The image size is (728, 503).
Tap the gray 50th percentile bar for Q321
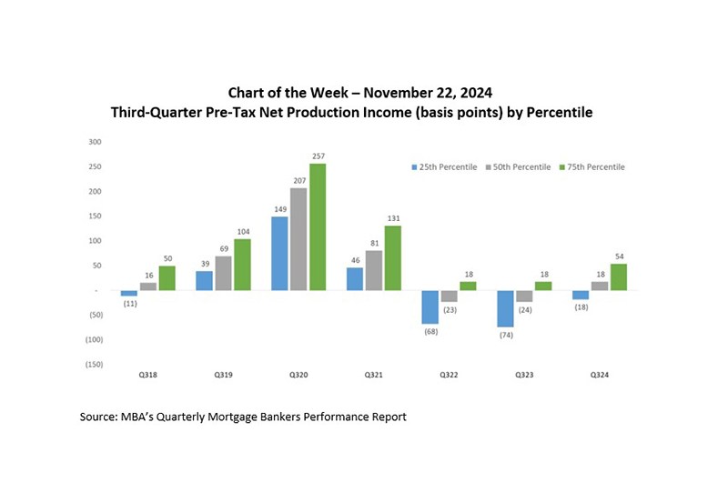[x=374, y=270]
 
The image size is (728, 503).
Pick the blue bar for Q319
[x=204, y=281]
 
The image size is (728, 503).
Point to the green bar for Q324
[x=618, y=277]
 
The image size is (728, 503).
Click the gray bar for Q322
[x=449, y=297]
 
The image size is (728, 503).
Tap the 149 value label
[x=279, y=210]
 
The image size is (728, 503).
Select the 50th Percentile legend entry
[x=520, y=167]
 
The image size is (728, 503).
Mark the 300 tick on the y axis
[x=96, y=142]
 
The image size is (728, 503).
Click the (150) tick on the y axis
[x=93, y=365]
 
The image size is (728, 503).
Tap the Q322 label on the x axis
[x=449, y=375]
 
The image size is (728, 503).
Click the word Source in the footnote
[x=104, y=417]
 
